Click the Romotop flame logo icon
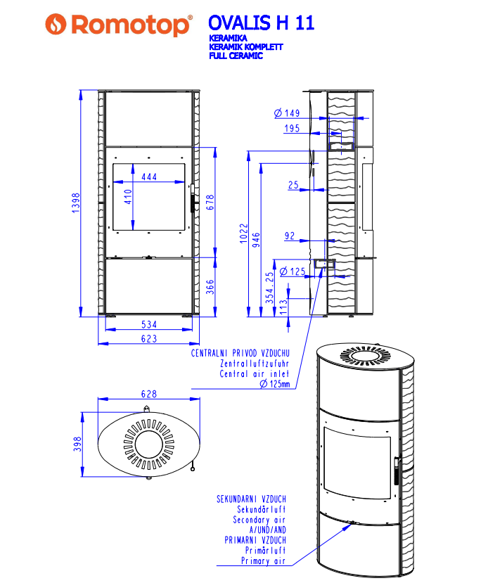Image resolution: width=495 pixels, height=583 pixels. click(56, 24)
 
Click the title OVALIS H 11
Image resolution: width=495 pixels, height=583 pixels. click(262, 23)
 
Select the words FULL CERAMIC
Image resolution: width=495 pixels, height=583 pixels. click(236, 56)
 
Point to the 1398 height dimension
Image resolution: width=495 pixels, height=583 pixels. click(76, 203)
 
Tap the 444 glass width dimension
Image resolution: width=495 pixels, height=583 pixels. click(149, 177)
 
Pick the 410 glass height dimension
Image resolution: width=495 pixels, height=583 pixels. click(128, 197)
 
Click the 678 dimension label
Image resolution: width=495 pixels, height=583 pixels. click(210, 203)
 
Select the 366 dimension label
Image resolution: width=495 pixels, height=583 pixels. click(210, 287)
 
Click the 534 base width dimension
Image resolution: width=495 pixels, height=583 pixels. click(149, 325)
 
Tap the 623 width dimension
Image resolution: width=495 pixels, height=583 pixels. click(149, 339)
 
